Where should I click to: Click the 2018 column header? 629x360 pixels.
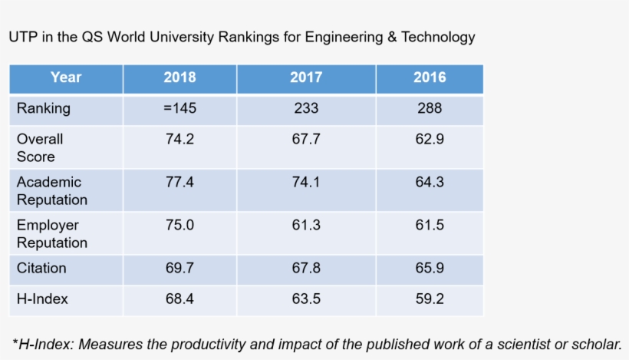[x=179, y=78]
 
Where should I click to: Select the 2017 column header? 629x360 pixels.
[x=306, y=78]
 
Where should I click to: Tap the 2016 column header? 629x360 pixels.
[x=430, y=78]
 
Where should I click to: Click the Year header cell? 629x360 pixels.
[x=66, y=78]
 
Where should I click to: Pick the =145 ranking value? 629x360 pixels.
[x=179, y=108]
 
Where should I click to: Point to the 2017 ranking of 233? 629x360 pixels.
[x=306, y=108]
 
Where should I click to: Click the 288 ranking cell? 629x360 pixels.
[x=430, y=108]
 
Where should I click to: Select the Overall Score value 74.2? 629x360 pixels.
[x=179, y=139]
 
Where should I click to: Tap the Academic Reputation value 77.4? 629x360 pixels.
[x=179, y=182]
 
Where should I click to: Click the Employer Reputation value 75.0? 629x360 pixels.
[x=179, y=225]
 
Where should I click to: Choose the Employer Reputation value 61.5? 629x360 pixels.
[x=430, y=225]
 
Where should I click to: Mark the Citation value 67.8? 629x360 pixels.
[x=306, y=268]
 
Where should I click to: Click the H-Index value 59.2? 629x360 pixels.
[x=430, y=299]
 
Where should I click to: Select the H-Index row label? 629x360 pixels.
[x=42, y=299]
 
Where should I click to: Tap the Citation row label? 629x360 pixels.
[x=41, y=268]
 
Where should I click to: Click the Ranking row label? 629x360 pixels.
[x=43, y=108]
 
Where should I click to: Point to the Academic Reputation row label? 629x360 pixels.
[x=51, y=190]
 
